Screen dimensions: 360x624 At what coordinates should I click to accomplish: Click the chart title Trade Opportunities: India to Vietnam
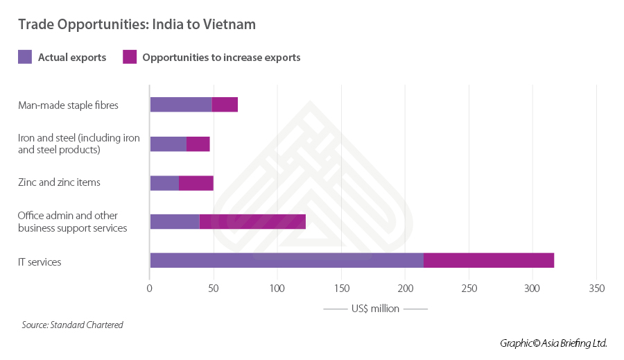137,24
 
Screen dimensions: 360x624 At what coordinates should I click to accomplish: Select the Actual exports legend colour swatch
25,57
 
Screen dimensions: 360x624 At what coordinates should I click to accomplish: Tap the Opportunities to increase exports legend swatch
129,57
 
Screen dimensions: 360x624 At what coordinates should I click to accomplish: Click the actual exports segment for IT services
286,260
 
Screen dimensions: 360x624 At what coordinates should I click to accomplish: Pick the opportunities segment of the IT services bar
489,260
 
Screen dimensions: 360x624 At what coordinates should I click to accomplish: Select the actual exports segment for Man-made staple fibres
181,105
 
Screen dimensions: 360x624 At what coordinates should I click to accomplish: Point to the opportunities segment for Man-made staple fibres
225,105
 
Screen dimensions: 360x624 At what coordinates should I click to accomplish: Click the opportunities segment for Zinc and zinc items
196,183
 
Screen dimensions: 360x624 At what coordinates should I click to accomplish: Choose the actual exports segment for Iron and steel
168,144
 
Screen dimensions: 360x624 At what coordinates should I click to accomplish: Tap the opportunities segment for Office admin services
252,222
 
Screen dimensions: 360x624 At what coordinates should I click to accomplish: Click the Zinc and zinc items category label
59,182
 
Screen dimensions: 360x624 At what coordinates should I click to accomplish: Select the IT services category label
40,262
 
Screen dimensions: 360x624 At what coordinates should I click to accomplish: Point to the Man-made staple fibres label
68,105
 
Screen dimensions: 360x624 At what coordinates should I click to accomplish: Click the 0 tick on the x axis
150,289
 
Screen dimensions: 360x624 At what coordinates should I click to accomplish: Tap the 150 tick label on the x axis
341,289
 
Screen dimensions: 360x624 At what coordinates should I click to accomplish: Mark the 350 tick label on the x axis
597,289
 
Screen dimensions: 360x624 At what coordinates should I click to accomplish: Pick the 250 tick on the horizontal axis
469,289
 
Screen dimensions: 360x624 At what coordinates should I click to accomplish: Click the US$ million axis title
375,309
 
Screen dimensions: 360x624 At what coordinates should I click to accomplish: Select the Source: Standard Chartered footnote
72,325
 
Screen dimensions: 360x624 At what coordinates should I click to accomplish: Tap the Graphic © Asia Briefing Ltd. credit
553,343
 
